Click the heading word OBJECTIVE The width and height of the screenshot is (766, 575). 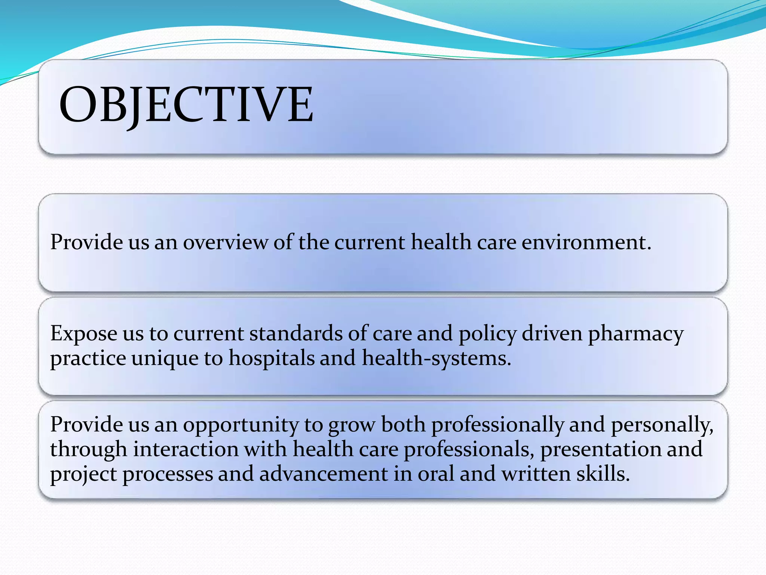click(x=186, y=104)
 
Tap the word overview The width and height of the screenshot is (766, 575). click(x=225, y=242)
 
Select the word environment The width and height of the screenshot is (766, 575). click(x=586, y=242)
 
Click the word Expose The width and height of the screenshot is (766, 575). click(x=83, y=334)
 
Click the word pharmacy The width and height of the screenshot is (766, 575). click(x=635, y=334)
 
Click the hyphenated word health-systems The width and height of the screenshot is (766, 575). click(x=436, y=358)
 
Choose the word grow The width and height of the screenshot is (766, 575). click(x=352, y=425)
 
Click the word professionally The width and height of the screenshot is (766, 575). click(x=497, y=425)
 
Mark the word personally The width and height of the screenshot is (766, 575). click(x=662, y=425)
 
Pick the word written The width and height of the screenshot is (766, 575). click(x=536, y=474)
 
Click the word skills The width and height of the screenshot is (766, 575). click(x=603, y=474)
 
